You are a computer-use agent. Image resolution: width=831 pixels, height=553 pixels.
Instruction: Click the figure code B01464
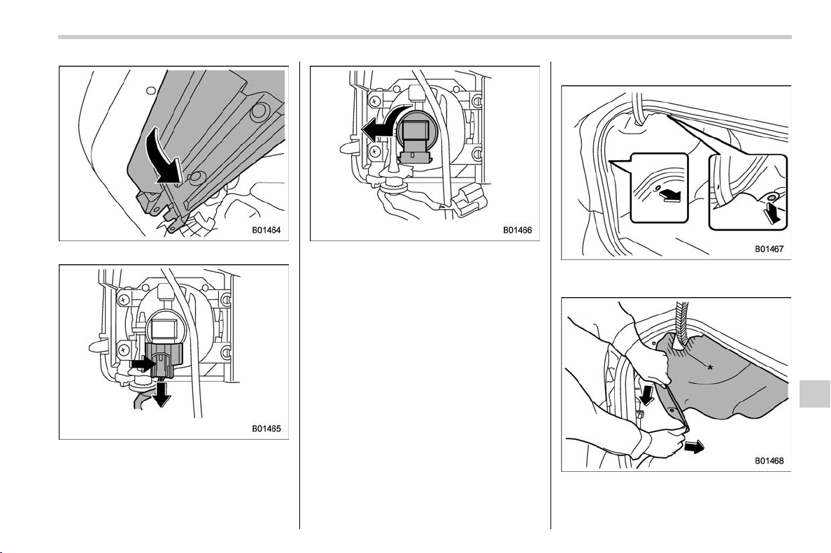(266, 231)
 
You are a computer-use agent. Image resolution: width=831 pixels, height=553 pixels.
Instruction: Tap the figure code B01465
(266, 429)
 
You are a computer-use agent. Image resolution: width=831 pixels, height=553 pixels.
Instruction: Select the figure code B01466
(517, 231)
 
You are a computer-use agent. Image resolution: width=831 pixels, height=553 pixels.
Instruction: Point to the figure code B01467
(769, 248)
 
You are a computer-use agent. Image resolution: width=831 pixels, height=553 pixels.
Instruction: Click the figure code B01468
(769, 461)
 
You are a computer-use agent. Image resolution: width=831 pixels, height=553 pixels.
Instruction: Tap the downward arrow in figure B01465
(161, 393)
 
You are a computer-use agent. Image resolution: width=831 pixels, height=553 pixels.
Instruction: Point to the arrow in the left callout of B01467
(670, 196)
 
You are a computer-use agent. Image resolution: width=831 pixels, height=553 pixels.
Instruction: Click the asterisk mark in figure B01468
(709, 366)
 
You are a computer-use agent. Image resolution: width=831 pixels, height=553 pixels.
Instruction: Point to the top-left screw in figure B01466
(375, 99)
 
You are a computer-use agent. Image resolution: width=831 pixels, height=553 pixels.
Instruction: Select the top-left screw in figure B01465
(124, 299)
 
